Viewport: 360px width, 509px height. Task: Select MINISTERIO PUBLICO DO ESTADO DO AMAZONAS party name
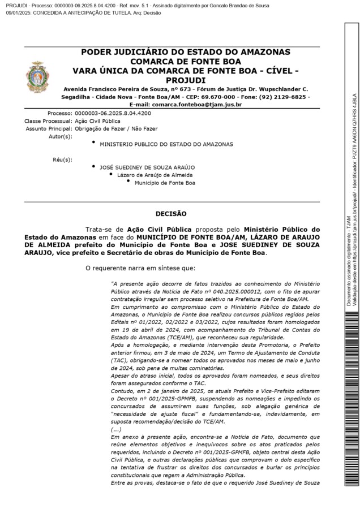pos(166,144)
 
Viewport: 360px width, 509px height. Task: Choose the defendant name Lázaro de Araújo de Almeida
pos(155,175)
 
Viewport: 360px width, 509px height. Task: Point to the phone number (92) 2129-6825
pos(286,97)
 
